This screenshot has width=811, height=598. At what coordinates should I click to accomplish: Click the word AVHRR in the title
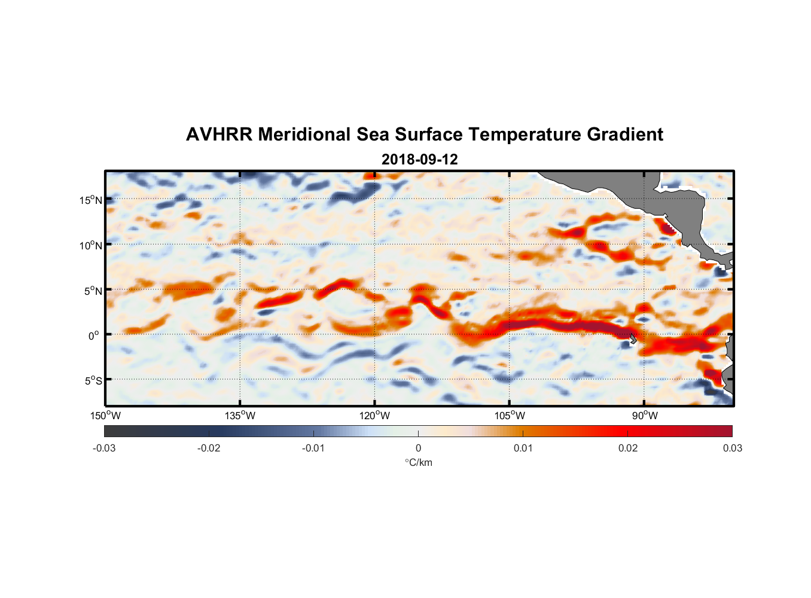[219, 135]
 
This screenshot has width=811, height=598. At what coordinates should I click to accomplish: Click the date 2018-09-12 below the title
[419, 160]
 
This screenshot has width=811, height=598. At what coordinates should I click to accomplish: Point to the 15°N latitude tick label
[90, 200]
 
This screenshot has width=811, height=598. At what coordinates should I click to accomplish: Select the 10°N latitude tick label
[90, 245]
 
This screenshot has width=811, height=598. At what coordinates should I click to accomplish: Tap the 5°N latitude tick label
[92, 291]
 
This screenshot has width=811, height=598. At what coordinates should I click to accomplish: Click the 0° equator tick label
[94, 335]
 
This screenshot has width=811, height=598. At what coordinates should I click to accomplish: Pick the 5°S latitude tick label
[92, 381]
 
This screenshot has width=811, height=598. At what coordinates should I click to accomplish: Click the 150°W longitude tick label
[106, 416]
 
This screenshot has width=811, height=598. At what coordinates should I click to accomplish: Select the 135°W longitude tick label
[240, 416]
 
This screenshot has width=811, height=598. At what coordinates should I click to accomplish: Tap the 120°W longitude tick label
[375, 416]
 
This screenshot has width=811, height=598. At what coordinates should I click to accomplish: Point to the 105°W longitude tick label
[510, 416]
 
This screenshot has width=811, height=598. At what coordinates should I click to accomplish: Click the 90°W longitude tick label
[645, 416]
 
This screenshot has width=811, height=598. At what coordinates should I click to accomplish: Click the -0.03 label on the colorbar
[104, 448]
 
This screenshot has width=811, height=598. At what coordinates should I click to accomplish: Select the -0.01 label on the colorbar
[313, 448]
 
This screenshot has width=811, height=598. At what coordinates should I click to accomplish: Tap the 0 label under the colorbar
[418, 448]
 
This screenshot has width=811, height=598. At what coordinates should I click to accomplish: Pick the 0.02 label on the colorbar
[628, 448]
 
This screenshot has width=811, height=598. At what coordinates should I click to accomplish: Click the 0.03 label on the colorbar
[732, 448]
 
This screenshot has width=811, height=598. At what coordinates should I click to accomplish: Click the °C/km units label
[418, 462]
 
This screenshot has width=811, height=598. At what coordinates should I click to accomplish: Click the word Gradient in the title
[625, 135]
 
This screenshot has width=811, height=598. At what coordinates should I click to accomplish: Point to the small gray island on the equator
[632, 338]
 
